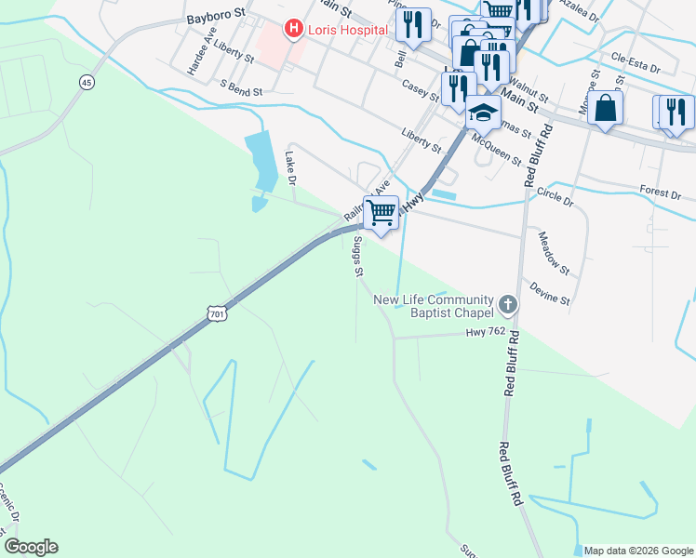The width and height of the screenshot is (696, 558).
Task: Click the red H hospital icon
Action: (295, 30)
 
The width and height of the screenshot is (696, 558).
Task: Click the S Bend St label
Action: (242, 84)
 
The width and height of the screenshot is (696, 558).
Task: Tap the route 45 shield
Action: (87, 82)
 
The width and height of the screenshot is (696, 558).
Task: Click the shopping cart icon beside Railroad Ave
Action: (381, 213)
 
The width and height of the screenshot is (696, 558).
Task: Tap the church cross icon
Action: (508, 303)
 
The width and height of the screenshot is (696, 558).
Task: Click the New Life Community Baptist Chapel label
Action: (433, 307)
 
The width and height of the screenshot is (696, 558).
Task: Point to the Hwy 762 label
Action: (485, 332)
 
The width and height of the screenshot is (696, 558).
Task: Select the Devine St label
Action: (549, 289)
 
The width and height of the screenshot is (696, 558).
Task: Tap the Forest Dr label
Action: (661, 193)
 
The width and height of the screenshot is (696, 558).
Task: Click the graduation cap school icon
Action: (482, 113)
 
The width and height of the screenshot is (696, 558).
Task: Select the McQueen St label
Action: (496, 146)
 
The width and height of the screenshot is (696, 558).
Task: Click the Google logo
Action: (31, 547)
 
